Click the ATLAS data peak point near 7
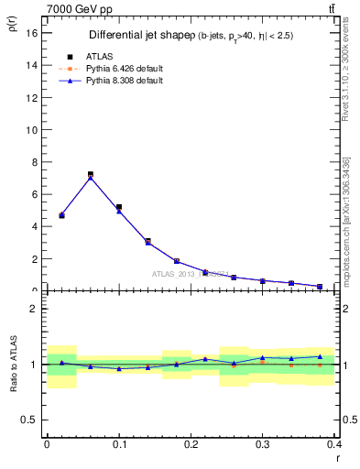pos(91,174)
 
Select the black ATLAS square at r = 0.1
pos(119,208)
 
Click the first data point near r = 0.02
pos(61,215)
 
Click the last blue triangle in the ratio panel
pos(320,356)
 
